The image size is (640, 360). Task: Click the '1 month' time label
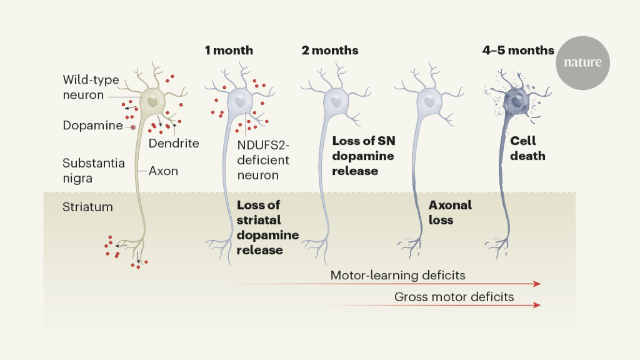(229, 51)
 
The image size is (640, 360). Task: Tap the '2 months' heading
(330, 51)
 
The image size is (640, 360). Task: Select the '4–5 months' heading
(518, 51)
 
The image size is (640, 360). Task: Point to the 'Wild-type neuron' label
(91, 87)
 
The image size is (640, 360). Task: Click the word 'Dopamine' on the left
(92, 126)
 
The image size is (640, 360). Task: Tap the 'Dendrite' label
(174, 143)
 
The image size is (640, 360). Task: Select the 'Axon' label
(163, 171)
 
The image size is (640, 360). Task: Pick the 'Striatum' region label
(87, 207)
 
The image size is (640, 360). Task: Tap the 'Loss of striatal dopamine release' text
(267, 227)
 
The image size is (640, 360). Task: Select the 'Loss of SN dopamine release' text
(364, 156)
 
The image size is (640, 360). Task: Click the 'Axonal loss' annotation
(450, 212)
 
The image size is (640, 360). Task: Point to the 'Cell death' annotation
(527, 149)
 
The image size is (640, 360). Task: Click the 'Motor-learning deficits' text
(397, 275)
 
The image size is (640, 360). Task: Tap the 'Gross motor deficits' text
(454, 297)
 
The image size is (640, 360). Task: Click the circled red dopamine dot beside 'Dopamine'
(132, 127)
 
